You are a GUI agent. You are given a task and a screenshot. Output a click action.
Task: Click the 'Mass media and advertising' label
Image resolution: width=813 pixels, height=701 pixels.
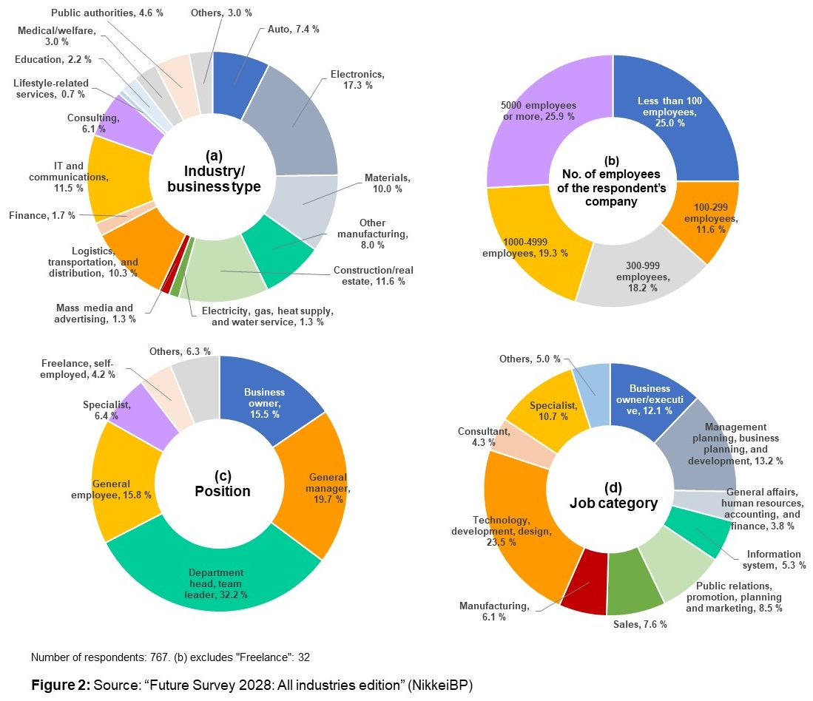point(94,314)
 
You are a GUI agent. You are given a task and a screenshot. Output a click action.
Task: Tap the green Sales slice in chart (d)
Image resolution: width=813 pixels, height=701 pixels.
point(635,592)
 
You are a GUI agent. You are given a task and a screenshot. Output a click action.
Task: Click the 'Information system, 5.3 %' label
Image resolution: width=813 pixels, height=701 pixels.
point(773,560)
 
